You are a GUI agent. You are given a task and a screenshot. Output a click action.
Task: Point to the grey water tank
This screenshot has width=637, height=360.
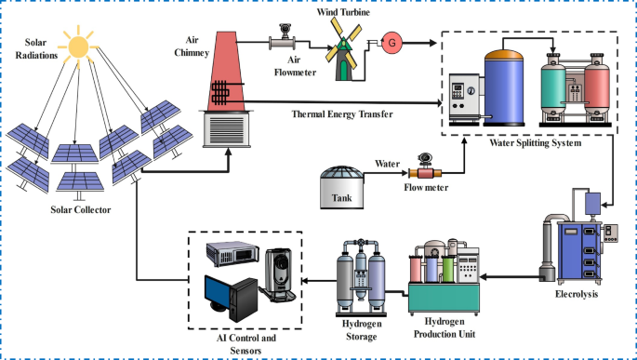pos(348,187)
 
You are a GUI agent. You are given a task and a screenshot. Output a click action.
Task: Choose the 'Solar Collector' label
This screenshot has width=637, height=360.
pos(81,209)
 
